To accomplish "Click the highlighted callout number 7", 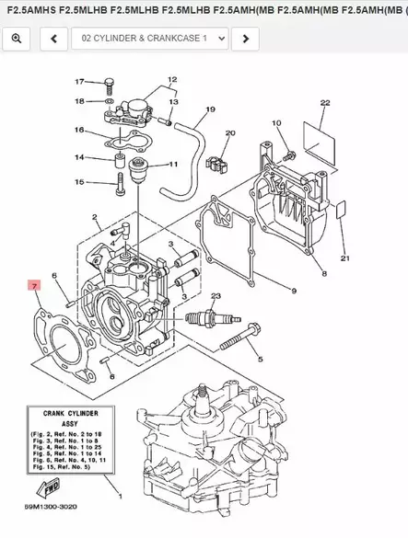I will click(x=33, y=288).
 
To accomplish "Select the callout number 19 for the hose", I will click(x=210, y=110).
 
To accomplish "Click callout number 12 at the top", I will click(x=171, y=81).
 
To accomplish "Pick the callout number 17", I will click(x=80, y=82).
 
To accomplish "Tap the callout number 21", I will click(x=345, y=258).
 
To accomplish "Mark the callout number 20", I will click(x=229, y=133).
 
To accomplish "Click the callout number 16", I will click(x=80, y=130).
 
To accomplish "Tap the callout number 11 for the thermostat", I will click(x=172, y=165).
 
